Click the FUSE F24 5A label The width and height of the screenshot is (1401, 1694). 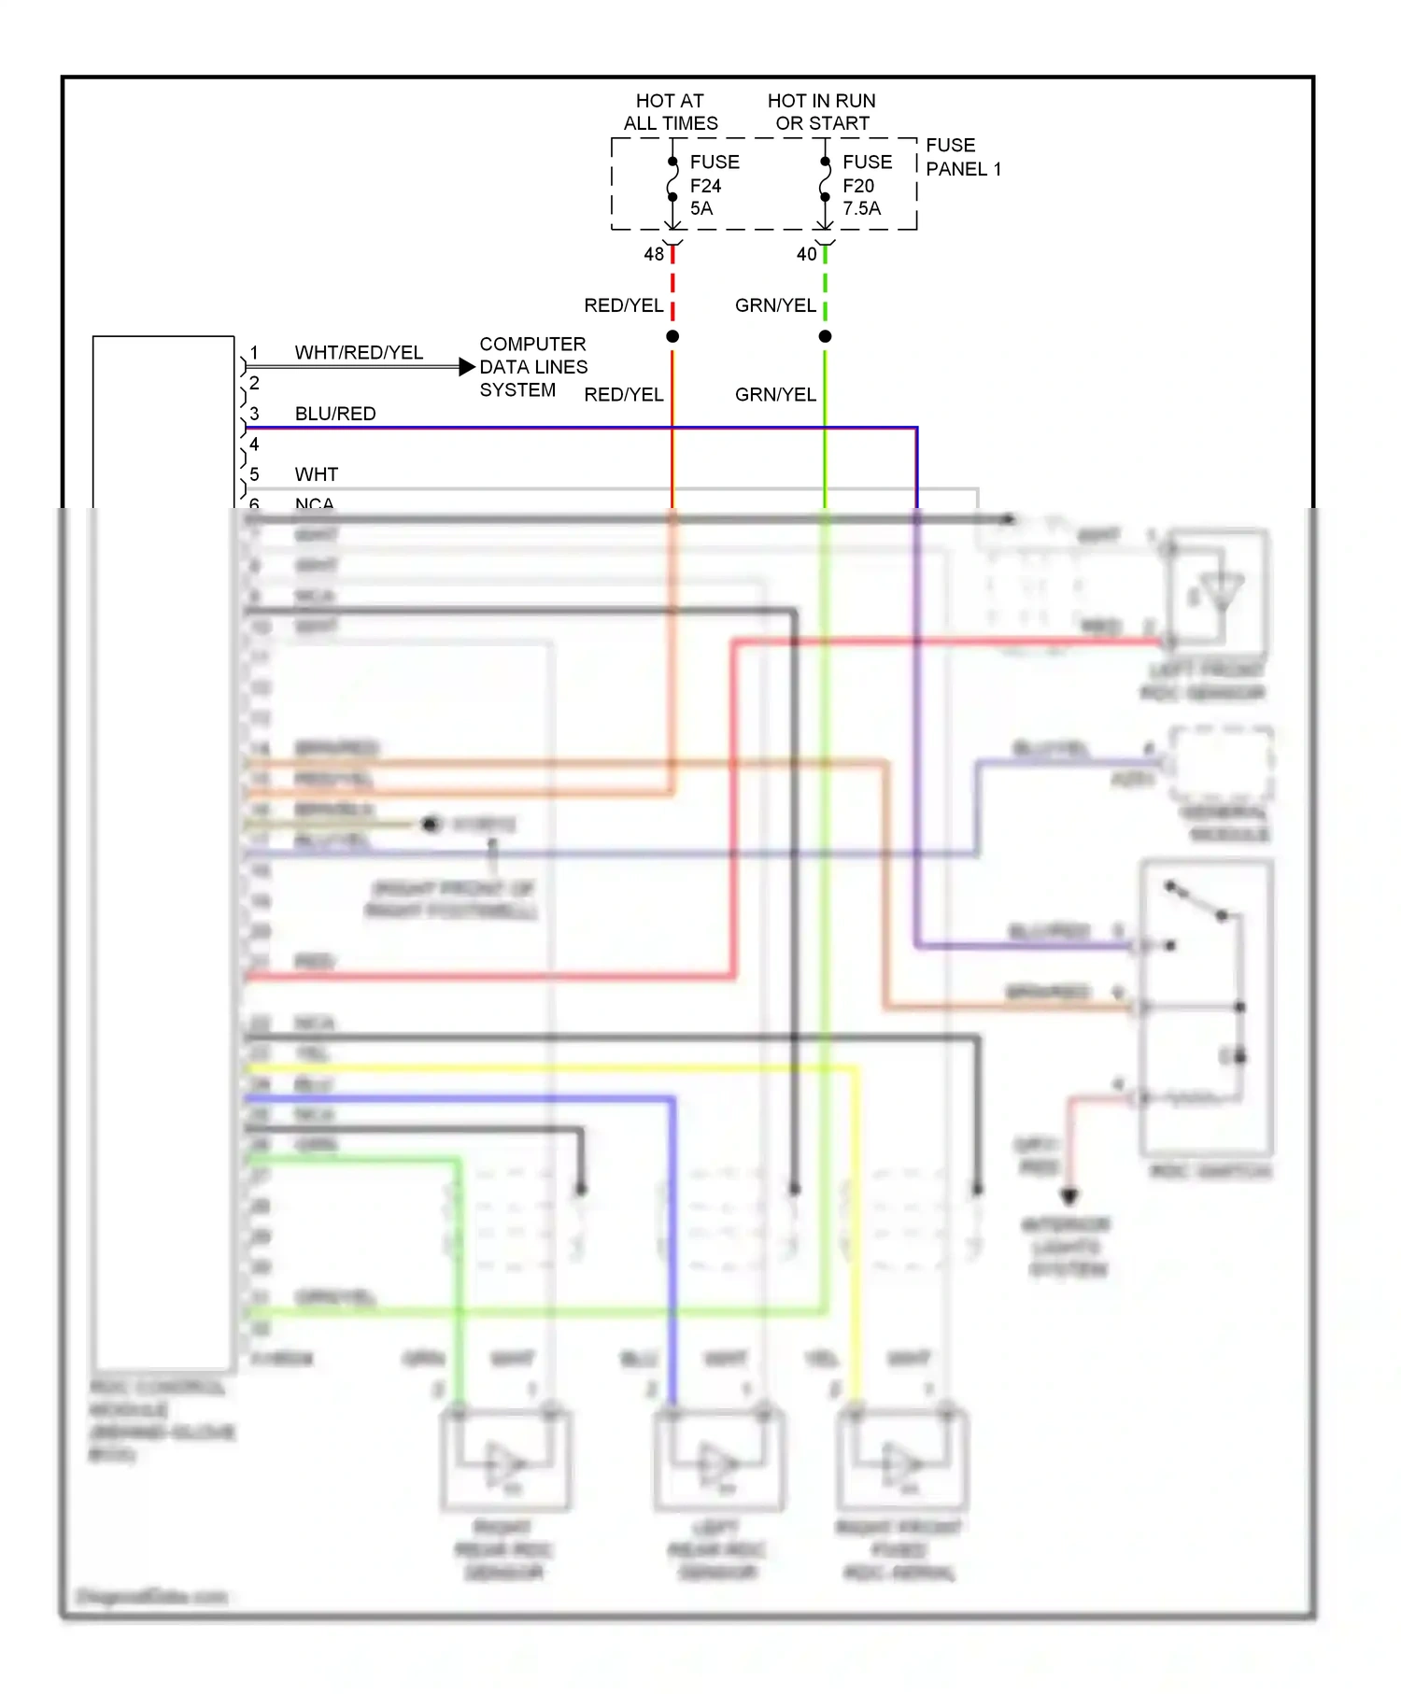(714, 185)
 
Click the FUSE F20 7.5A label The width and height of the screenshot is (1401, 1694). (866, 185)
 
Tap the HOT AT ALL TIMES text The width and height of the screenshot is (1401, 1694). (670, 112)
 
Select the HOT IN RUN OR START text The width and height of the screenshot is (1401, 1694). (821, 112)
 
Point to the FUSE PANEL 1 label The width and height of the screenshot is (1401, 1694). (962, 157)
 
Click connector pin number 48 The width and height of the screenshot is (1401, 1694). (653, 254)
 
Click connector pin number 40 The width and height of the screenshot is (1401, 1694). (806, 254)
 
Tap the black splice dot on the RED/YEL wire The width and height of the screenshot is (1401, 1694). (672, 336)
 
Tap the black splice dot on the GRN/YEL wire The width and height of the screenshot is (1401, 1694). (825, 336)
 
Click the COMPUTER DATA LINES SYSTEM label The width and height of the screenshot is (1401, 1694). (532, 367)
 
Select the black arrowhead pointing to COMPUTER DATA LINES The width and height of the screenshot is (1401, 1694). (467, 367)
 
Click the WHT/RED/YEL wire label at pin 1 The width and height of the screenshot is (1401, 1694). (359, 352)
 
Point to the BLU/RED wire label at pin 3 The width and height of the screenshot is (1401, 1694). (335, 414)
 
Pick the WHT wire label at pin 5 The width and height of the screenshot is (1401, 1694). (316, 474)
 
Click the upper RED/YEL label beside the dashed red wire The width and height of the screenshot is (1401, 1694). (623, 305)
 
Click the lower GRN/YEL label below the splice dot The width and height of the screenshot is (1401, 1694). (775, 394)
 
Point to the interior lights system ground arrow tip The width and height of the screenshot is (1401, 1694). (1069, 1197)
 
